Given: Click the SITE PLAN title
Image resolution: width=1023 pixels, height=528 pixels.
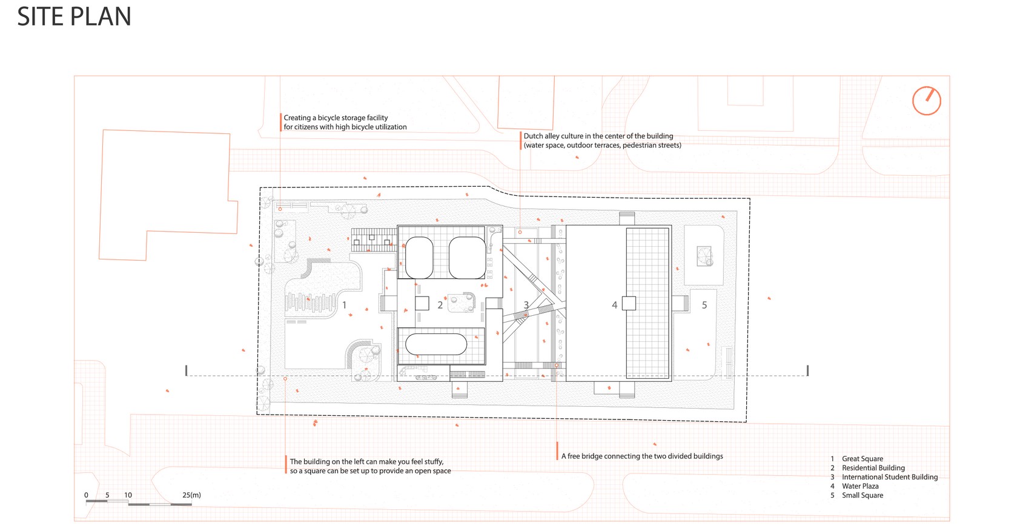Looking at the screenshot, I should (74, 16).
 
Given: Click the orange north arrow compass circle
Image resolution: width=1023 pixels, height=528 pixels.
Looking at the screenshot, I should (926, 101).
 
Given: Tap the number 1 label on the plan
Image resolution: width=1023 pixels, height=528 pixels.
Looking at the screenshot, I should (344, 305).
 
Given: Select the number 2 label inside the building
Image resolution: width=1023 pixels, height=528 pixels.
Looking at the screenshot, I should (440, 305).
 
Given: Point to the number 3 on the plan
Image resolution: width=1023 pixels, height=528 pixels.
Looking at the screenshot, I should (526, 305).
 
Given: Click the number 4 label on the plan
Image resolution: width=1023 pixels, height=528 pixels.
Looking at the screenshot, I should (614, 305).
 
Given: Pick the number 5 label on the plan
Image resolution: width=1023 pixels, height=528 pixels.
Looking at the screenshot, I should (704, 305).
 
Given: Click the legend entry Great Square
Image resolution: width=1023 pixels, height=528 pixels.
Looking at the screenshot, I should (862, 459).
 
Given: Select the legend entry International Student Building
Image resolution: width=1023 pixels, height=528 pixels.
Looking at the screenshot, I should (889, 477).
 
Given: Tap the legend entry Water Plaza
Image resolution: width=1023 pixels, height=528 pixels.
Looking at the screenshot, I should (859, 486).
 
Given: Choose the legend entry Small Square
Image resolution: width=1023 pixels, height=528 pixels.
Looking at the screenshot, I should (862, 495).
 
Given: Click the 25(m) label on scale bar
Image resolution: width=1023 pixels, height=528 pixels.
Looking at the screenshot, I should (191, 495).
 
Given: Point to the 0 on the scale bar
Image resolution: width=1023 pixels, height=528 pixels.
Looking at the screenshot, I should (86, 495).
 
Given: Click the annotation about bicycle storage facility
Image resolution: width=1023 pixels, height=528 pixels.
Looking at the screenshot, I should (345, 122).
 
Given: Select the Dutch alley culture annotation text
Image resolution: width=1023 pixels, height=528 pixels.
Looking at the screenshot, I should (601, 141).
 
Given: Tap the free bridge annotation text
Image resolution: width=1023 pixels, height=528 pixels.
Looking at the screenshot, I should (641, 456).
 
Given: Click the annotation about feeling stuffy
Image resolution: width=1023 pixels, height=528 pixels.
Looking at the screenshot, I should (369, 466).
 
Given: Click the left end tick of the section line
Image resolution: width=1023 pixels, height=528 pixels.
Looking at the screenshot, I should (187, 370).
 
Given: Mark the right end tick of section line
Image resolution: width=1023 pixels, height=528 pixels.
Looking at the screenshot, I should (807, 370).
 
